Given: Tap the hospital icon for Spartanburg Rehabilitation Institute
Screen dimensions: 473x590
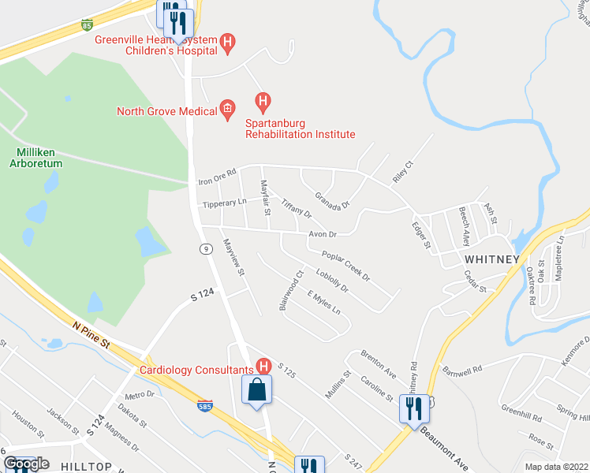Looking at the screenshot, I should click(263, 102).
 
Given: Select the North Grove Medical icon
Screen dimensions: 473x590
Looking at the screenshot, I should click(227, 111).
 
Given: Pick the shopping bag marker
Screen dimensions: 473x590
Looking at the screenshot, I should click(257, 390).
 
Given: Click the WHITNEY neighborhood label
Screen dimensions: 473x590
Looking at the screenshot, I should click(491, 259).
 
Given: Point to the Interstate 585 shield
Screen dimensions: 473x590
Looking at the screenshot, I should click(204, 406).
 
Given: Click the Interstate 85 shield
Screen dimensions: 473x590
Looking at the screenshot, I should click(87, 25).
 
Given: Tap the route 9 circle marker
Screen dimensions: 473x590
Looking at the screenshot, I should click(206, 249).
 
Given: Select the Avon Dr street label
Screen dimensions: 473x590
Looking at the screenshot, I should click(322, 234).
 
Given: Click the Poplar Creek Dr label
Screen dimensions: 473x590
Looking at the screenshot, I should click(346, 266).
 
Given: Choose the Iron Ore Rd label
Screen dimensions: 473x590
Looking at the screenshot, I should click(218, 176).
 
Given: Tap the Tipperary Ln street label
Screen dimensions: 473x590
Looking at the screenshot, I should click(225, 203).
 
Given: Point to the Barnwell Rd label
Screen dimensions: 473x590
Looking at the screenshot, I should click(461, 368).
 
